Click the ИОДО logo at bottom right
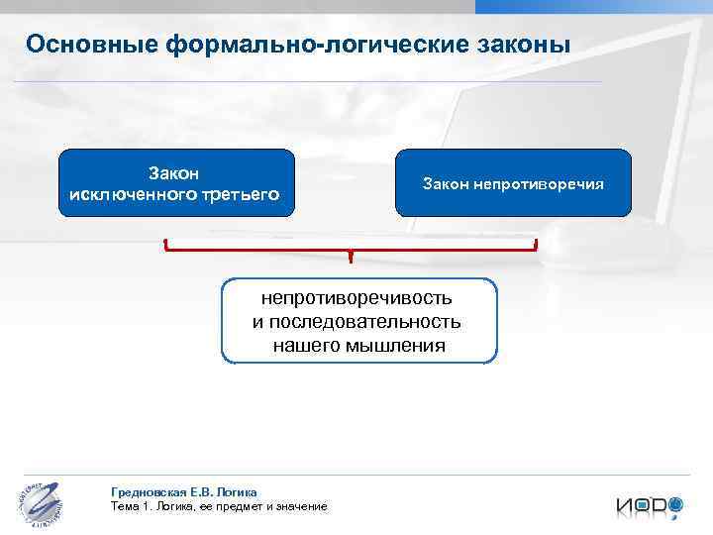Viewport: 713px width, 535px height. coord(650,503)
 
